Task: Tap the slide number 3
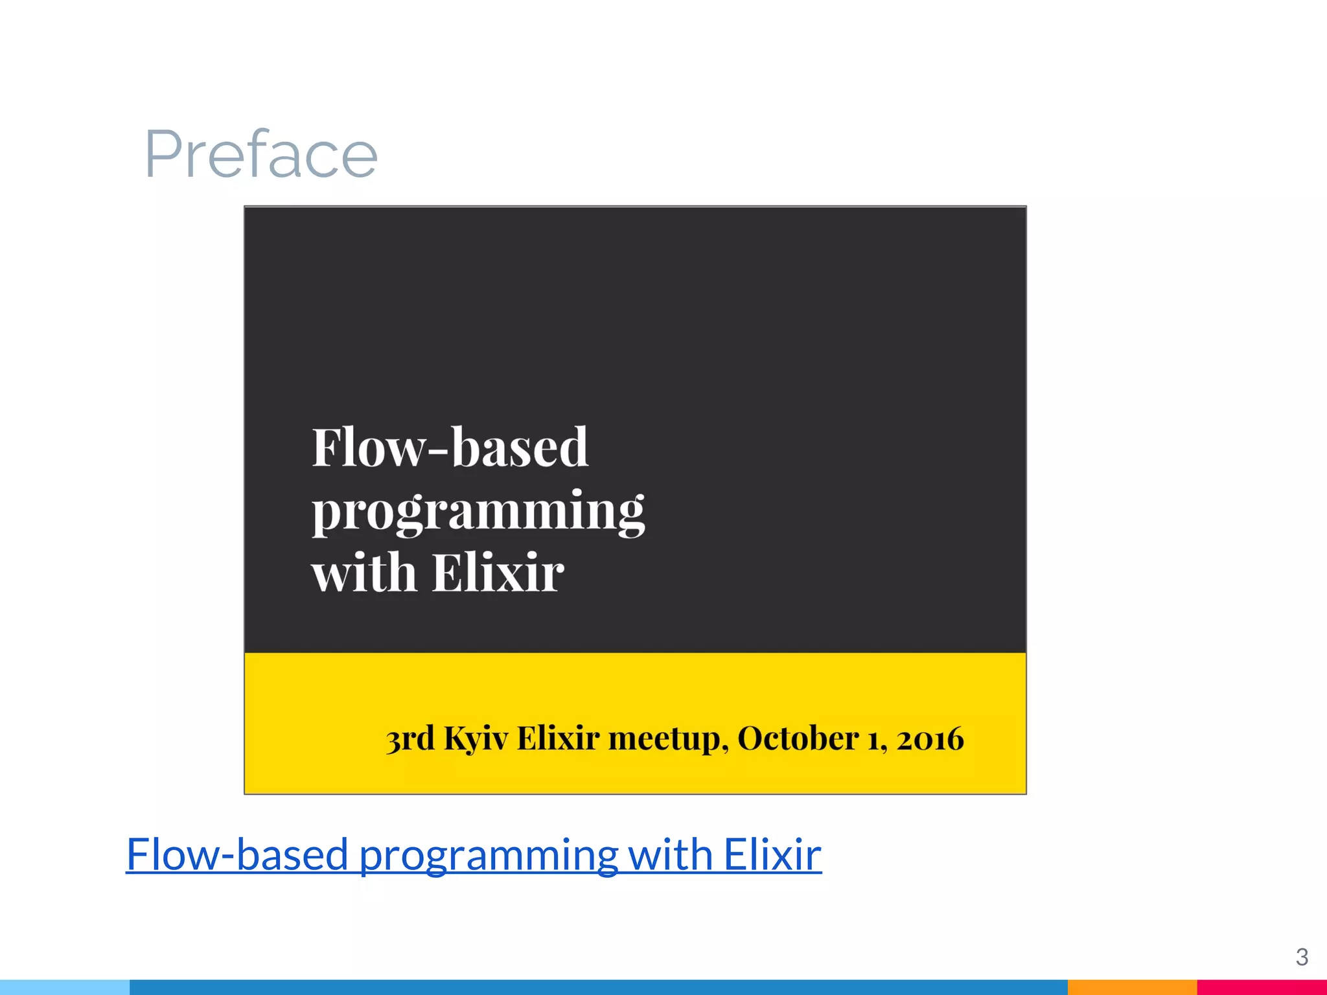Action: (1302, 957)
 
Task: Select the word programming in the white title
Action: (478, 511)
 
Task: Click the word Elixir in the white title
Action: (498, 573)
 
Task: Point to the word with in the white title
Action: (363, 573)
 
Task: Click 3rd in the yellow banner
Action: (410, 738)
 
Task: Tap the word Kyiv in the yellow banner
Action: (476, 738)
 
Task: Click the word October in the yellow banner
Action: (798, 738)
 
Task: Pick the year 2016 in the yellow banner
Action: (930, 738)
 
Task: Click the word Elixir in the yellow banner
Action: (558, 738)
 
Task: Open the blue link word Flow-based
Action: (238, 854)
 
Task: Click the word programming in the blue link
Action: (489, 854)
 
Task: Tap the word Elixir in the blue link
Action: (772, 854)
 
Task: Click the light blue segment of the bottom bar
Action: (65, 987)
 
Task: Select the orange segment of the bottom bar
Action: (1132, 987)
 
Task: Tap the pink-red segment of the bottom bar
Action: (1262, 987)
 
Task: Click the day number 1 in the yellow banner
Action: (873, 738)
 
